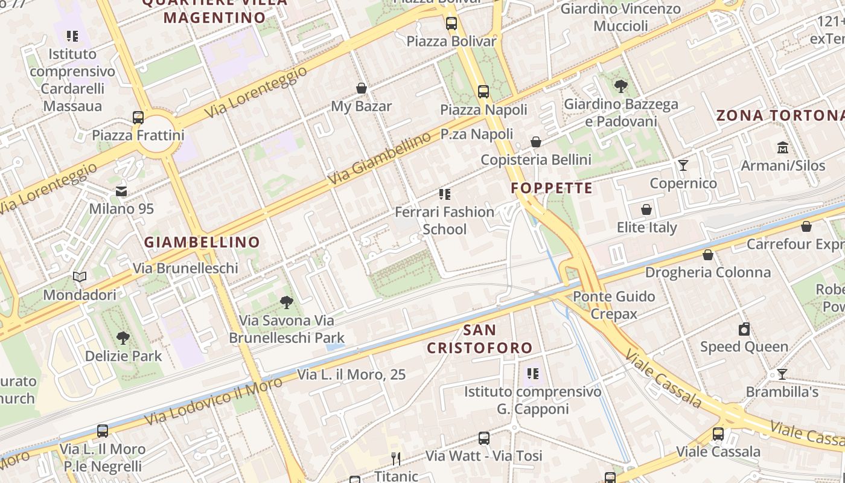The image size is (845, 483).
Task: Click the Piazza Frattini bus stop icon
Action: [x=138, y=118]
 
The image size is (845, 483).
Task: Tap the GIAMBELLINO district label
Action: [x=202, y=242]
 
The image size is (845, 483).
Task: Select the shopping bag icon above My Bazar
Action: [x=362, y=89]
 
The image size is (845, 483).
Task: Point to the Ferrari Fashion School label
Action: [x=445, y=220]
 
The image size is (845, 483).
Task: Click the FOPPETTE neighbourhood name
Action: [x=552, y=188]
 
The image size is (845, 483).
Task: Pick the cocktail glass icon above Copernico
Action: [x=683, y=165]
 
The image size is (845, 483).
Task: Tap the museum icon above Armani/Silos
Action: [x=783, y=147]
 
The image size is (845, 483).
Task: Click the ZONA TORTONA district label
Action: [x=780, y=115]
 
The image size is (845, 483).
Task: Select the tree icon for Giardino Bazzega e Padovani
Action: [x=620, y=86]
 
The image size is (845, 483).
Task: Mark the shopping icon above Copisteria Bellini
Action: [x=536, y=142]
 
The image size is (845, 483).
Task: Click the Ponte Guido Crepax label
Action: [x=614, y=305]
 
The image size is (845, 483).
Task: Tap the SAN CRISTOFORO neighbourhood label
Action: [x=480, y=339]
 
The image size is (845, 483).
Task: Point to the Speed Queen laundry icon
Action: [x=744, y=329]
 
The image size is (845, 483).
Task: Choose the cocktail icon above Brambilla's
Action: [x=782, y=374]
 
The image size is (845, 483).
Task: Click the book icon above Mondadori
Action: [x=80, y=277]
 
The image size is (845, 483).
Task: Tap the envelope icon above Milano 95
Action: [x=121, y=191]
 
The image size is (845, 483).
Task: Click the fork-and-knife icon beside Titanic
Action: [x=396, y=459]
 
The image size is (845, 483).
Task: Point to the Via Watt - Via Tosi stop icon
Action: [x=484, y=438]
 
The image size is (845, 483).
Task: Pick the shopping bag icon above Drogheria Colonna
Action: [x=708, y=255]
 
